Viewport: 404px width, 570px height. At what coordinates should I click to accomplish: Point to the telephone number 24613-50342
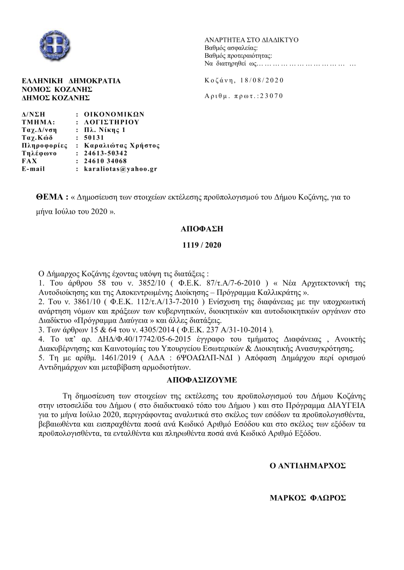coord(105,153)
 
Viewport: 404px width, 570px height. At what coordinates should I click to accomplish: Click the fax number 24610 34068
coord(105,161)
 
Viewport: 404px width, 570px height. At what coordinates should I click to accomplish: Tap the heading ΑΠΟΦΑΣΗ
coord(202,229)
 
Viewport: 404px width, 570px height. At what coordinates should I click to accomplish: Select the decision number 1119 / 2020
coord(202,245)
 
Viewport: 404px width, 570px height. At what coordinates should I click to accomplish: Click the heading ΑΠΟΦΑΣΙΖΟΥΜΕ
coord(202,380)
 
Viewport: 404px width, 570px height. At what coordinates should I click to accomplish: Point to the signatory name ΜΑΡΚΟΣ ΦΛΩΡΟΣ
coord(307,498)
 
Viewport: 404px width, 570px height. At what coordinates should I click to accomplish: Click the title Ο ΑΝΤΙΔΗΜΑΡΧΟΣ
coord(307,466)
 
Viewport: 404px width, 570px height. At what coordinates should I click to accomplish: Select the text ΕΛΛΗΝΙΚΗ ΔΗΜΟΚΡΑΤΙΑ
coord(71,81)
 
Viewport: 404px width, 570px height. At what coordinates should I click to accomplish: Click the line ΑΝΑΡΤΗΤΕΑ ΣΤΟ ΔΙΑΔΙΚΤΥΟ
coord(251,40)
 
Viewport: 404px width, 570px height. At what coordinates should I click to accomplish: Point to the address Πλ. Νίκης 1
coord(105,130)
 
